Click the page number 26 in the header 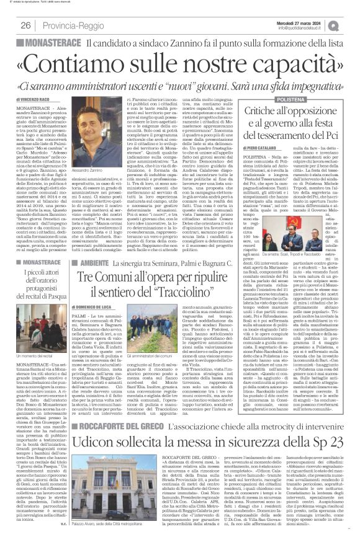(x=25, y=25)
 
